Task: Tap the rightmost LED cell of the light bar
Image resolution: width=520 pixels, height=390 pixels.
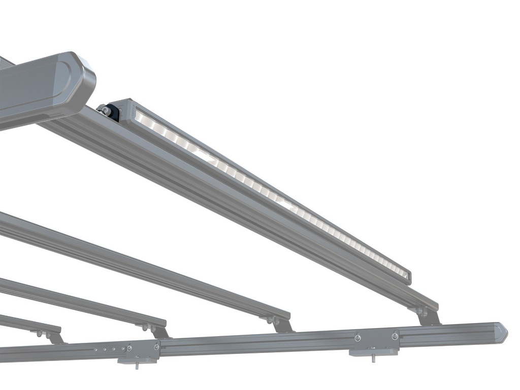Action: click(x=405, y=275)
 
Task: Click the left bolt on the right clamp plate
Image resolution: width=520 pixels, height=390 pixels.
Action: click(x=357, y=338)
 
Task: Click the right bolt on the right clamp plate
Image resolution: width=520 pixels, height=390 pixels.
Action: click(x=395, y=336)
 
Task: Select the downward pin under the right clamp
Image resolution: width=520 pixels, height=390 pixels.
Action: click(x=374, y=357)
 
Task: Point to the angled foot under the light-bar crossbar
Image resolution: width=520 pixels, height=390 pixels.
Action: click(x=429, y=317)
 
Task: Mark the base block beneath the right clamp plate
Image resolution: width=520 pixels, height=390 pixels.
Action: click(x=374, y=351)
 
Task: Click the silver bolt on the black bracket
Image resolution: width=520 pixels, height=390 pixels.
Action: click(x=103, y=109)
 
